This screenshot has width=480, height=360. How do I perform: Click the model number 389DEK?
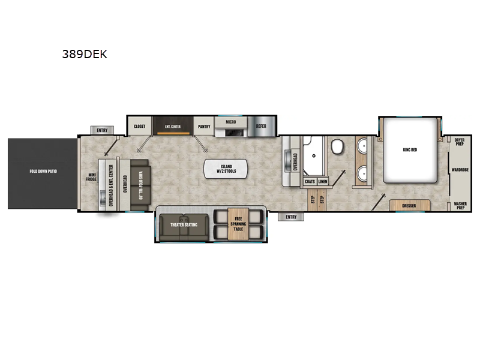[85, 53]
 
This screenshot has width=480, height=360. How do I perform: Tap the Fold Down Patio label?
[43, 172]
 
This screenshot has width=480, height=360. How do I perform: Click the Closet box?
[139, 127]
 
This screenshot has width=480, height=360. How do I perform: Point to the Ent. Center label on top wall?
[173, 127]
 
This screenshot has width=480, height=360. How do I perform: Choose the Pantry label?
[204, 127]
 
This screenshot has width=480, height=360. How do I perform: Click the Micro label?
[231, 122]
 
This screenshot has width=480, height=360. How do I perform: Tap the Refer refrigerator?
[262, 126]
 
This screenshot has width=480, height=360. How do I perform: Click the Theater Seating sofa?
[184, 224]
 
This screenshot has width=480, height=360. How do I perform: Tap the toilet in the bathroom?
[337, 146]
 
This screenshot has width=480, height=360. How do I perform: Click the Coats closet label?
[310, 181]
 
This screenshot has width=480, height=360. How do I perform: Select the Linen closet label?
[323, 181]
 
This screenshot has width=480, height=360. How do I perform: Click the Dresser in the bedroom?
[409, 206]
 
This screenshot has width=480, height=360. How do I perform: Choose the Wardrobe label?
[461, 170]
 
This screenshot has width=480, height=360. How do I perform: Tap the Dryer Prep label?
[460, 142]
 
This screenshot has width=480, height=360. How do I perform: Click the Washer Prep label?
[460, 205]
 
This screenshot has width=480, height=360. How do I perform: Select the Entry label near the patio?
[102, 130]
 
